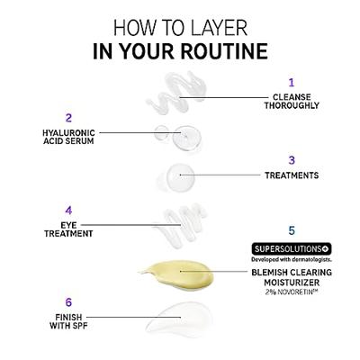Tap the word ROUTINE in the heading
coord(225,51)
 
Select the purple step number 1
coord(292,83)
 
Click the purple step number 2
coord(68,118)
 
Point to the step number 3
coord(292,160)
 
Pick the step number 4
coord(68,211)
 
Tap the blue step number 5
coord(292,230)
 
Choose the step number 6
coord(68,302)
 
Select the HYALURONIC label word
coord(68,132)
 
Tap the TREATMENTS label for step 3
coord(292,175)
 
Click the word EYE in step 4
coord(68,225)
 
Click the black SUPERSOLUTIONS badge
coord(292,248)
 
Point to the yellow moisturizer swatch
coord(180,274)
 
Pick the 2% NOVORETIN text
coord(292,292)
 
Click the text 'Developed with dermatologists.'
coord(292,259)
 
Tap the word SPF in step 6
coord(79,326)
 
